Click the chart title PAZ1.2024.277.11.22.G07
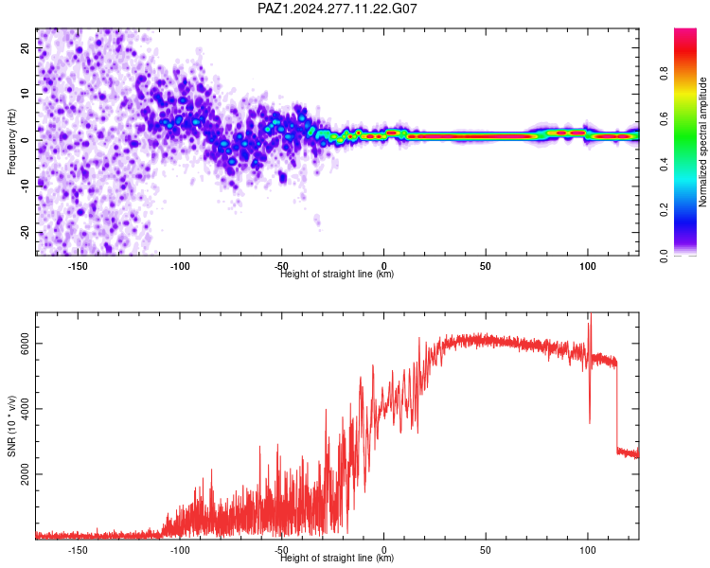tap(337, 9)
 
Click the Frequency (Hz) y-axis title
tap(11, 142)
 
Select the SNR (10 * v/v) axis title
tap(11, 426)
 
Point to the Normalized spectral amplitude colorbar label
tap(702, 142)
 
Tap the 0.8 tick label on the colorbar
tap(664, 74)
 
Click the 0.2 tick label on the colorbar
tap(664, 210)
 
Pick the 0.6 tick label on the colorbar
tap(664, 118)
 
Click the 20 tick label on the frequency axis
tap(25, 48)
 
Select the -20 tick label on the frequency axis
tap(25, 233)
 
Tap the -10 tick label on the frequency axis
tap(25, 186)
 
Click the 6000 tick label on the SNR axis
tap(25, 344)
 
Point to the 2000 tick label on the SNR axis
tap(25, 474)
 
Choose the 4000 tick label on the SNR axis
tap(25, 409)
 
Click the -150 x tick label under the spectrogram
tap(78, 266)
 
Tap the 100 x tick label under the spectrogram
tap(588, 266)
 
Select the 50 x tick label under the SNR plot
tap(486, 550)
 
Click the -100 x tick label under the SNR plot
tap(179, 550)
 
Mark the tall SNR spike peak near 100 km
tap(590, 313)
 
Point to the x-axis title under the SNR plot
tap(337, 558)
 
